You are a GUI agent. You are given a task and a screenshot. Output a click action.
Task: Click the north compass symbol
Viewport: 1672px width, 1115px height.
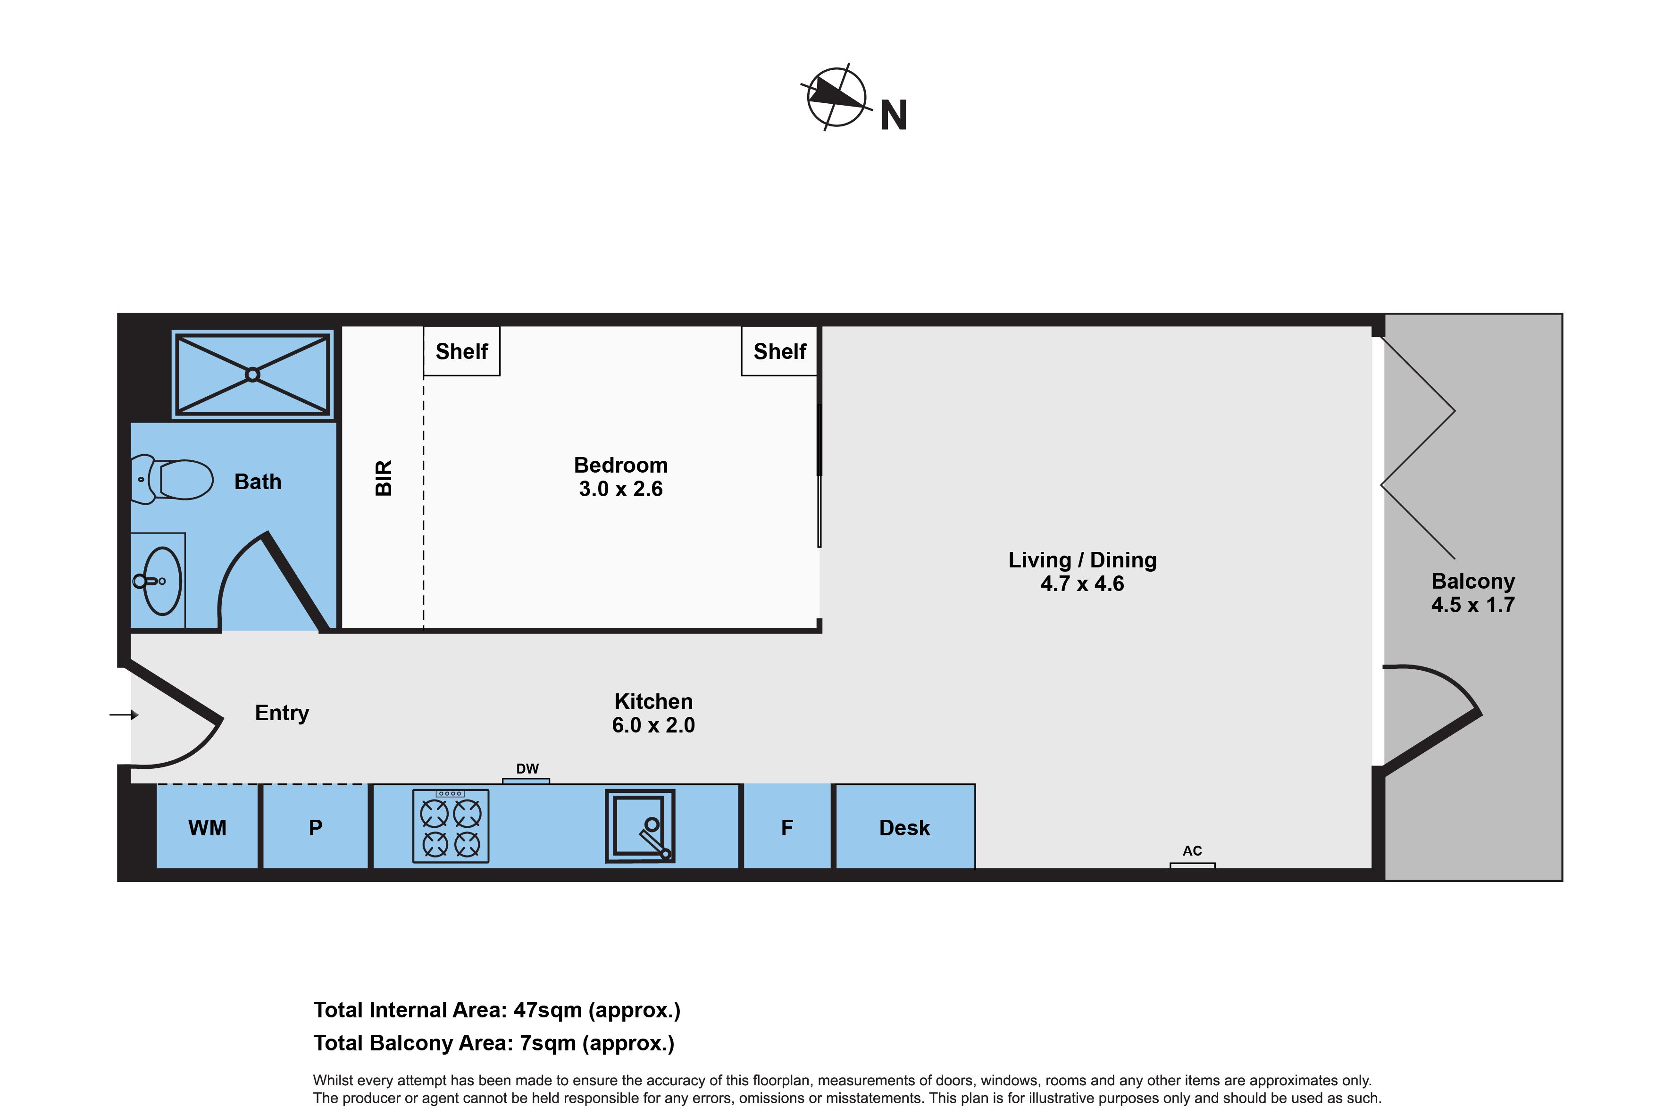click(836, 98)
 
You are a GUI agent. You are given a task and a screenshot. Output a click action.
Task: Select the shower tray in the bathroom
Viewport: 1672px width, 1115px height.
click(252, 374)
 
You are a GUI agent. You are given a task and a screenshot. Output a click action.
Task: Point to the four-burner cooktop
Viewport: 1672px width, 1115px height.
click(451, 825)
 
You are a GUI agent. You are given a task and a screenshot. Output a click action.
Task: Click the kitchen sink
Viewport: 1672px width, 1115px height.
click(639, 825)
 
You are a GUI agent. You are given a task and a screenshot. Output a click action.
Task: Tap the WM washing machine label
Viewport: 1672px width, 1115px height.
click(207, 828)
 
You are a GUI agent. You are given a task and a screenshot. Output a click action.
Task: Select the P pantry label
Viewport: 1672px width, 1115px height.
click(316, 828)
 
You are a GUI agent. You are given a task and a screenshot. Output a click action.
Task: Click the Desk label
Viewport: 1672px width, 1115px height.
click(904, 828)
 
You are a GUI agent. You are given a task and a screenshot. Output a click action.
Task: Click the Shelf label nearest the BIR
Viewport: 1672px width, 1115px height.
click(461, 351)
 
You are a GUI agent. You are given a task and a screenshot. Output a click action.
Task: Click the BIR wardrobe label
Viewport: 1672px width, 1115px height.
click(384, 478)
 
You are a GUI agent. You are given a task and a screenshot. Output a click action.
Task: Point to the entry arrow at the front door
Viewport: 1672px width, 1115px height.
click(124, 715)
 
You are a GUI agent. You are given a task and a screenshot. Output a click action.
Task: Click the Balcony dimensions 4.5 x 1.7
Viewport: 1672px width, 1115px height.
click(1473, 605)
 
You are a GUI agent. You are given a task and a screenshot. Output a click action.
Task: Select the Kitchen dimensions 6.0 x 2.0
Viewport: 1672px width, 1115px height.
click(653, 725)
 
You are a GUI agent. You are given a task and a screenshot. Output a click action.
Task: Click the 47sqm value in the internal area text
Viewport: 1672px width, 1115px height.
click(548, 1010)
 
